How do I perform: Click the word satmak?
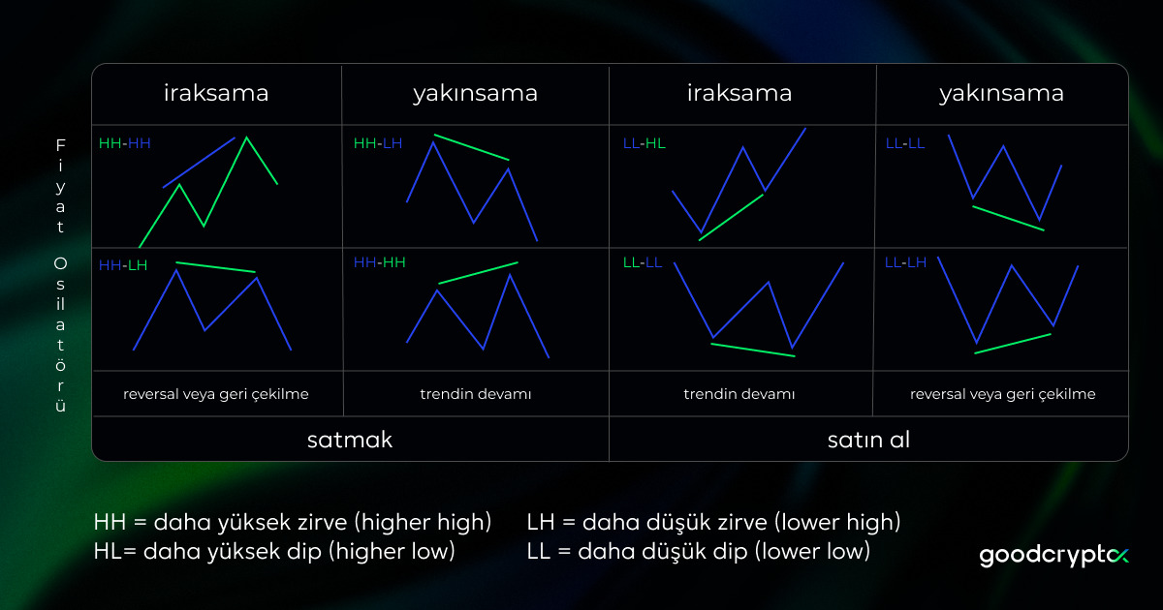pos(350,439)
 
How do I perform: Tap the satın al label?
pos(868,439)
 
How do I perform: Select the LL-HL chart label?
pos(644,143)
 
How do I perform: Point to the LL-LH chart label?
pos(905,262)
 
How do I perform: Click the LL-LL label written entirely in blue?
pos(905,143)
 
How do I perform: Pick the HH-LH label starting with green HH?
pos(378,143)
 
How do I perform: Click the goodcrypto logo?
pos(1054,556)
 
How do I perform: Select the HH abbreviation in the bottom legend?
pos(109,523)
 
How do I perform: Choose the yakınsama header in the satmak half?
pos(475,94)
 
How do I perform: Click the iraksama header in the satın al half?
pos(739,94)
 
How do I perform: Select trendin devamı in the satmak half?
pos(476,395)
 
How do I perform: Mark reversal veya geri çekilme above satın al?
pos(1002,395)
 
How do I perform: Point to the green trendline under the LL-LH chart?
pos(1012,344)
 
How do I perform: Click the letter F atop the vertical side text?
pos(60,144)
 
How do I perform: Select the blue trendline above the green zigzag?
pos(199,162)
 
